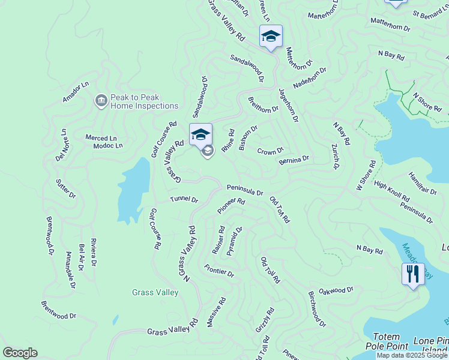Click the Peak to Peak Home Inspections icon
click(101, 100)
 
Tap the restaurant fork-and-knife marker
click(412, 274)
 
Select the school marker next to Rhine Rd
click(200, 134)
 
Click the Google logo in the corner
click(20, 353)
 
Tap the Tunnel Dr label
click(184, 199)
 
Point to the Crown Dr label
click(270, 151)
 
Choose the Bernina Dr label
click(294, 160)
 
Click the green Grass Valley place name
click(155, 293)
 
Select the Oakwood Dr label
click(336, 290)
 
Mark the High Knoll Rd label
click(391, 190)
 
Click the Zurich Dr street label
click(336, 156)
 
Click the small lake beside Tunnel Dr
click(132, 189)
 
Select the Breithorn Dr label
click(263, 105)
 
